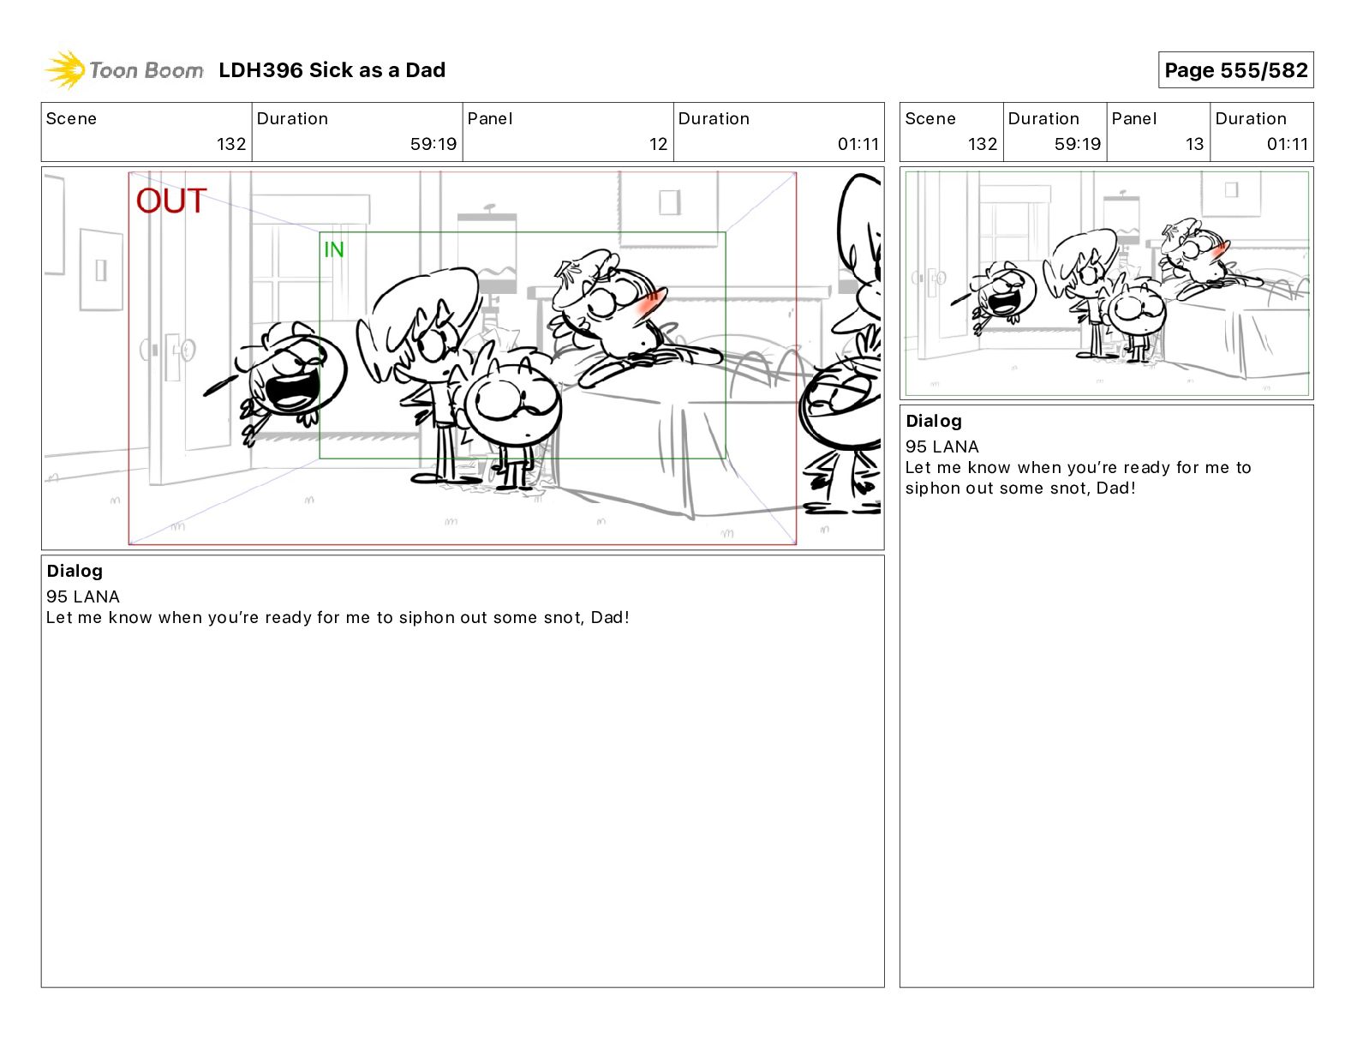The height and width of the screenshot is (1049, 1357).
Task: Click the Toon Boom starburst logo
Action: [x=65, y=70]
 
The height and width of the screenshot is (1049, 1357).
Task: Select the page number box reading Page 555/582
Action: [x=1235, y=70]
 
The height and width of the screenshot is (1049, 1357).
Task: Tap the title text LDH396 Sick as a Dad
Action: [x=332, y=70]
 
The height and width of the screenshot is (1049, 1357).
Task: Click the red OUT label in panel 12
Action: [x=171, y=201]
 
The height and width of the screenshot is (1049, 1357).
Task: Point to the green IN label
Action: [x=333, y=250]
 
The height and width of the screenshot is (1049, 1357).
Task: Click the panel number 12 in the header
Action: [x=658, y=144]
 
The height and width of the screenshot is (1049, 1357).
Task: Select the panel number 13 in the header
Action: [x=1194, y=144]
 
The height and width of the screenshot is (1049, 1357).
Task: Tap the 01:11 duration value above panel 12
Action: [x=858, y=144]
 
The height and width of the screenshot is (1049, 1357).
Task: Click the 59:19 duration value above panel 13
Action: [x=1077, y=144]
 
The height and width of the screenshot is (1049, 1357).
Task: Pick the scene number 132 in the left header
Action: [x=231, y=144]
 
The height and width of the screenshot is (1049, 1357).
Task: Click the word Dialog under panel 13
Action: [x=934, y=422]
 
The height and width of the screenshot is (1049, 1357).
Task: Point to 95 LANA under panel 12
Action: [x=83, y=596]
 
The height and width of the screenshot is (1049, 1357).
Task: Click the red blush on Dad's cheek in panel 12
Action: [x=649, y=304]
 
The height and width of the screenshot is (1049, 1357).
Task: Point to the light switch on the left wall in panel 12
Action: [x=100, y=270]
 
